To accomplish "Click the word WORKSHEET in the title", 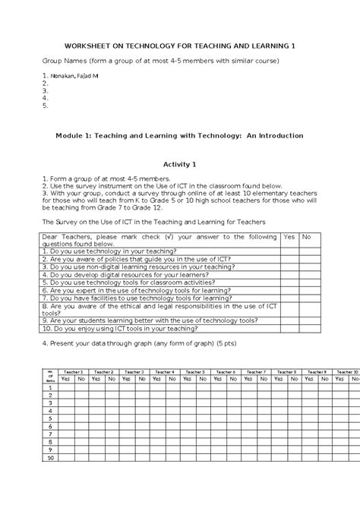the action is (89, 46).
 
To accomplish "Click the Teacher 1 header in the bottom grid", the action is (72, 371).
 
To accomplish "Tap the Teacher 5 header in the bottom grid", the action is (194, 371).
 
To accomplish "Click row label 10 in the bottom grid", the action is (51, 458).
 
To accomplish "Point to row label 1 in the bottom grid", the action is (51, 387).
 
